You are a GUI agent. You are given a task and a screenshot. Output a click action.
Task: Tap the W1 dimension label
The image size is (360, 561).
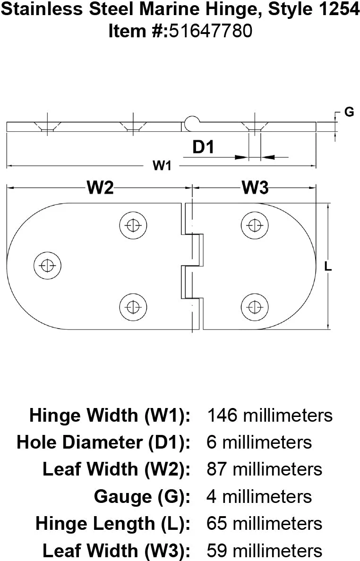pyautogui.click(x=162, y=166)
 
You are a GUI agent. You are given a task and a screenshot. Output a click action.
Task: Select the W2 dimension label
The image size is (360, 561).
pyautogui.click(x=101, y=187)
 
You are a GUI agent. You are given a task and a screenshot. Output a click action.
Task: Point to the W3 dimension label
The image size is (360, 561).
pyautogui.click(x=255, y=187)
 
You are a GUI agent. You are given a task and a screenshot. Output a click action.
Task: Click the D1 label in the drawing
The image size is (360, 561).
pyautogui.click(x=204, y=147)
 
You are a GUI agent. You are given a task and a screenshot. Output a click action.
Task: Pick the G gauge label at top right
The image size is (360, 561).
pyautogui.click(x=349, y=112)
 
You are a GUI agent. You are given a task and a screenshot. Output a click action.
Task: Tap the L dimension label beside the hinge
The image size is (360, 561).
pyautogui.click(x=328, y=267)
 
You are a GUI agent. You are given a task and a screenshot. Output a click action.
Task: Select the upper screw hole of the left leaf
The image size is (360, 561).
pyautogui.click(x=133, y=225)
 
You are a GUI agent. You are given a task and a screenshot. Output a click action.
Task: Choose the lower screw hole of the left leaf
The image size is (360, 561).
pyautogui.click(x=133, y=306)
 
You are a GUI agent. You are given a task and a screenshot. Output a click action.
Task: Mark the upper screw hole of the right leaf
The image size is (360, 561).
pyautogui.click(x=255, y=225)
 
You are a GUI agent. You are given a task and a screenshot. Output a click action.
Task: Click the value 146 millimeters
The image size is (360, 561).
pyautogui.click(x=270, y=416)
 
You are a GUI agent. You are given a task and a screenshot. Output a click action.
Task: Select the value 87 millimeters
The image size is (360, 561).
pyautogui.click(x=265, y=469)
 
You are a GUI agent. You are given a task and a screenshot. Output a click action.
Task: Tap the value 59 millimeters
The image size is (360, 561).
pyautogui.click(x=265, y=551)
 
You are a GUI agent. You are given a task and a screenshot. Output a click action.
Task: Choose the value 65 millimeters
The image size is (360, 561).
pyautogui.click(x=265, y=523)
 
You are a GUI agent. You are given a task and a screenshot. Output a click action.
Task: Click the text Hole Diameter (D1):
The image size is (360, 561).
pyautogui.click(x=103, y=442)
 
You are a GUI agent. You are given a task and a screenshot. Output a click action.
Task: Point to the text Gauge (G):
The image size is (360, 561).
pyautogui.click(x=142, y=496)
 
